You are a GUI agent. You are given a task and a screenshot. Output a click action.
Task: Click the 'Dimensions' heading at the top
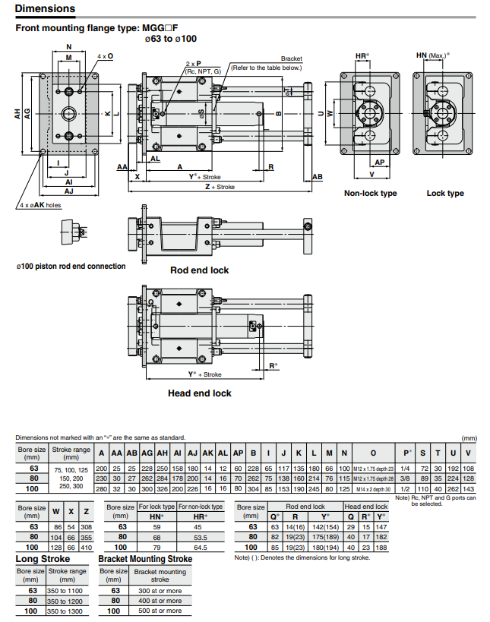(46, 9)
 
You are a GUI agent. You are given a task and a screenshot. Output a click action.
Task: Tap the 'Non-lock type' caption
(370, 194)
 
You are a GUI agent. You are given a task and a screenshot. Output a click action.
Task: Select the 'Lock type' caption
(445, 194)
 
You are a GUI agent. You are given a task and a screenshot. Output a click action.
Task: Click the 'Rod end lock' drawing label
(199, 270)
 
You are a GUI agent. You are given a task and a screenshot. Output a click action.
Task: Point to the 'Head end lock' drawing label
(199, 393)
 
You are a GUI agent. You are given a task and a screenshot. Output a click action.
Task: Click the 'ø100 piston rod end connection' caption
(71, 267)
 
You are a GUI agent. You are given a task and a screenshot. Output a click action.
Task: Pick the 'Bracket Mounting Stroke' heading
(145, 559)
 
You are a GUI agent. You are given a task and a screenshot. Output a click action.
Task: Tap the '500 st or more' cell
(160, 611)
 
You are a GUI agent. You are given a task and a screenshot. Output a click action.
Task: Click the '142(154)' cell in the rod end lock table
(326, 526)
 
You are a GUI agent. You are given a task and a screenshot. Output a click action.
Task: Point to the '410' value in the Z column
(87, 547)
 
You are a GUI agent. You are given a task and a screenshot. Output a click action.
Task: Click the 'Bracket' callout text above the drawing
(292, 58)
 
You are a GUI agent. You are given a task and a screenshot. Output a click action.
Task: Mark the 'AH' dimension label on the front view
(17, 113)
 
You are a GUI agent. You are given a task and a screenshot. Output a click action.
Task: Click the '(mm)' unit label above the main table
(468, 438)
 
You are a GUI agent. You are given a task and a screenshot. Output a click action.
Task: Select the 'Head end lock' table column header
(366, 506)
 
